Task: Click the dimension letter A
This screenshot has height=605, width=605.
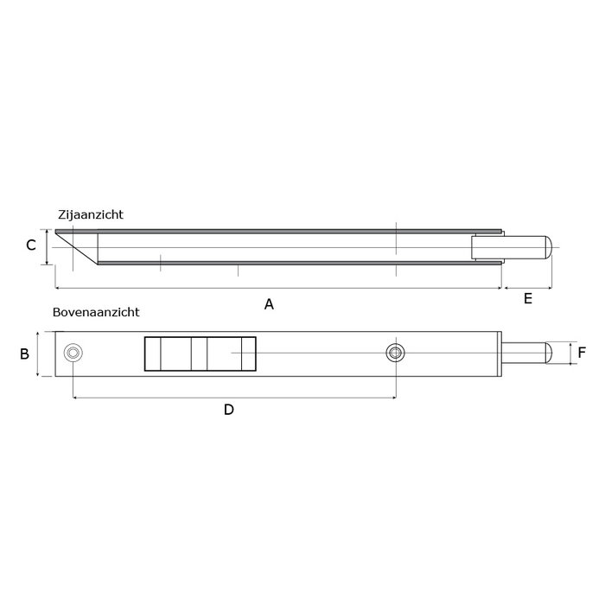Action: (x=269, y=303)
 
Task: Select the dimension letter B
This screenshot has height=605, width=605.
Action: (x=25, y=353)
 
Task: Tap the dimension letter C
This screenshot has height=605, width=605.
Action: (x=30, y=245)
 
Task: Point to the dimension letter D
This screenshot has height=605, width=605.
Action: (x=228, y=410)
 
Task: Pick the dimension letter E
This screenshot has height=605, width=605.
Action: (x=527, y=299)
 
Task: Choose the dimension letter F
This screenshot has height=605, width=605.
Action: (x=582, y=353)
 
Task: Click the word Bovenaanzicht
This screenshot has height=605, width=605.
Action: (x=96, y=313)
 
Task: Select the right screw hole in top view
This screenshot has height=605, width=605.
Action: (x=395, y=352)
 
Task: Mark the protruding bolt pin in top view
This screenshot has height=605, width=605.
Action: (x=527, y=353)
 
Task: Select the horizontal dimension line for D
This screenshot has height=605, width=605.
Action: (x=233, y=398)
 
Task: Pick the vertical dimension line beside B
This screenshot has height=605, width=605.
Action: (x=40, y=353)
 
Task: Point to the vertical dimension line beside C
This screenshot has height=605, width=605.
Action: (x=44, y=245)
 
